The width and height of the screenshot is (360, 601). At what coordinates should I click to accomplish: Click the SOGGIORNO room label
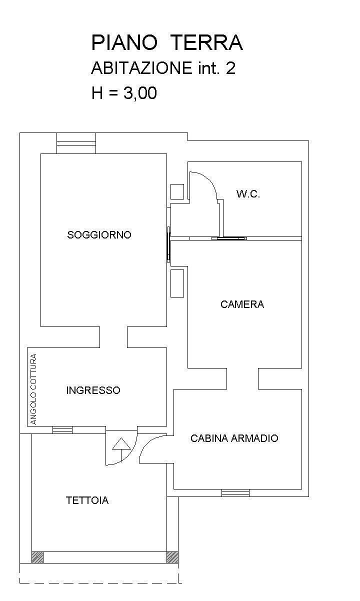99,235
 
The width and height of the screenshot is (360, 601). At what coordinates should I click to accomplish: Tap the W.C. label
248,193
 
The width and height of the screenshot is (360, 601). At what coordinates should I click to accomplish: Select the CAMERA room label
242,304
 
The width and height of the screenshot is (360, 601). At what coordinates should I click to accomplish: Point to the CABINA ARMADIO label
234,438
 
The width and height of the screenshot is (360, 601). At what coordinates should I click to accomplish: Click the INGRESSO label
93,390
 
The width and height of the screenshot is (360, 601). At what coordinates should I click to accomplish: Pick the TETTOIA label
87,500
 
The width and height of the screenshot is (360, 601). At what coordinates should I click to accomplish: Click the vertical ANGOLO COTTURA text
33,389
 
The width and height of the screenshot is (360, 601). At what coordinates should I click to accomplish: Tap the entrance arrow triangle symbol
121,444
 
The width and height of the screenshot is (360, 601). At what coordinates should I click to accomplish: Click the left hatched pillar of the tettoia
37,557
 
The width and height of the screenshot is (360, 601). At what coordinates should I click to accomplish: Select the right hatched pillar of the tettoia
172,557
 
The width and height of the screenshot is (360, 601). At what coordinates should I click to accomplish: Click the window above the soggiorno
76,143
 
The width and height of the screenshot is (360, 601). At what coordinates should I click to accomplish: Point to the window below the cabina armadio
235,493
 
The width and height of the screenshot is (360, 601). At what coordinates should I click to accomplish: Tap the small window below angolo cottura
62,430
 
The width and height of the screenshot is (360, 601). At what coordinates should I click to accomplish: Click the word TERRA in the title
206,42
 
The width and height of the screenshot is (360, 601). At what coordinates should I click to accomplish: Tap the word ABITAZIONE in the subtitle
141,68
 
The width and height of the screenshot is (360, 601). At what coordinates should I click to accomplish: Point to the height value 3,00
140,93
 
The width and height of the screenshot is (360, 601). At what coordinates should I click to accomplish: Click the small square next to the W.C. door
177,191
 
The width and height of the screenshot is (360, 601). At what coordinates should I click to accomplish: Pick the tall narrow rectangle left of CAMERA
177,283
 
